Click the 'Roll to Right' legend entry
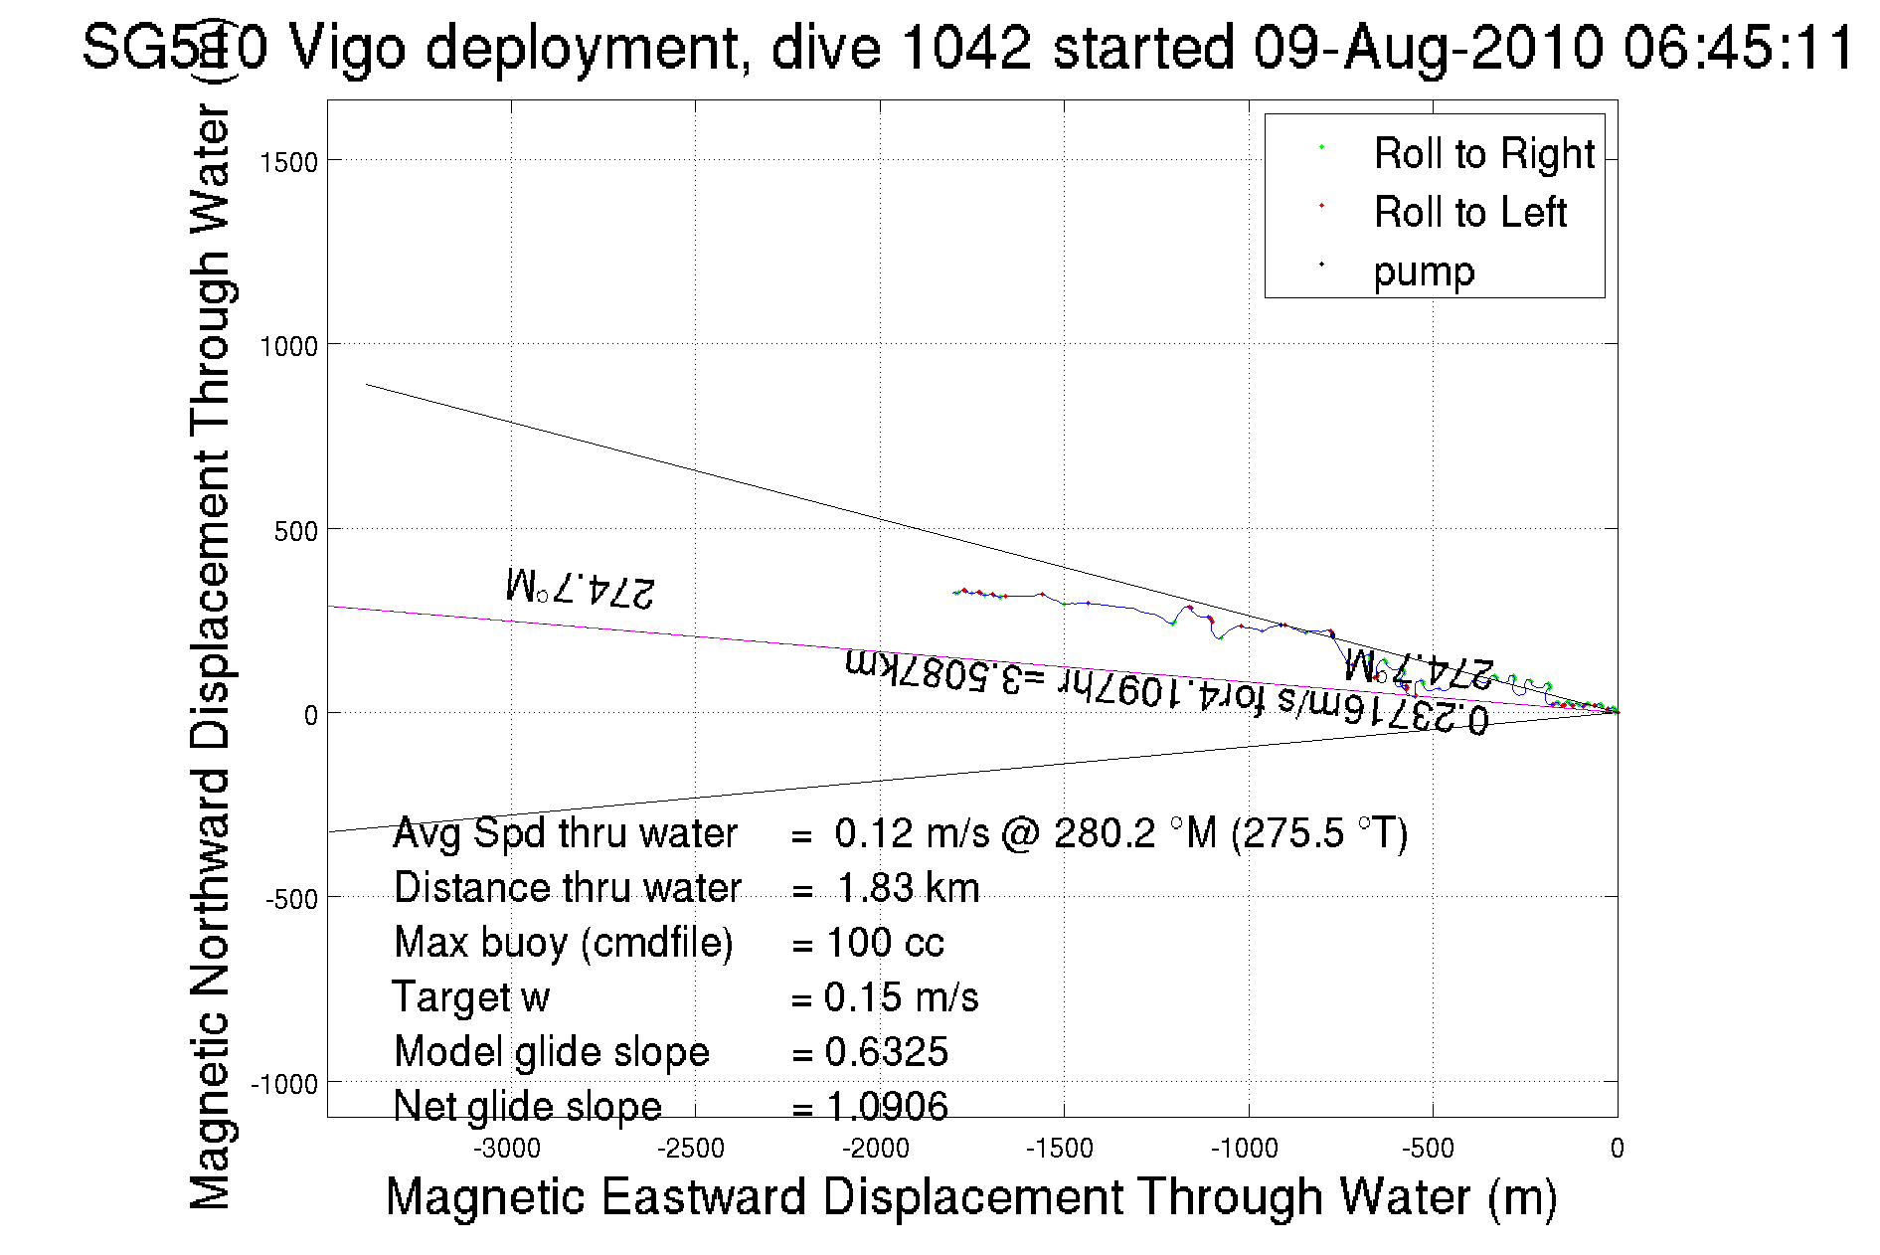click(x=1483, y=154)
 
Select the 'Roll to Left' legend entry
click(x=1469, y=213)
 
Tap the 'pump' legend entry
click(x=1424, y=271)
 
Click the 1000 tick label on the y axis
click(x=289, y=346)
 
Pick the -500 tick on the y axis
click(x=291, y=899)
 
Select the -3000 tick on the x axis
click(x=507, y=1149)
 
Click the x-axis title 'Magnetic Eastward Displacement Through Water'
click(x=970, y=1196)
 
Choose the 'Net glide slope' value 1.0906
click(x=887, y=1106)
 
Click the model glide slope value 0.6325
click(x=887, y=1052)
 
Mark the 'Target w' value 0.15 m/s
click(x=901, y=997)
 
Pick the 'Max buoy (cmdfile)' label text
click(x=563, y=943)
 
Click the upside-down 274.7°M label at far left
click(x=581, y=588)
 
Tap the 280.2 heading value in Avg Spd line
click(x=1105, y=833)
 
